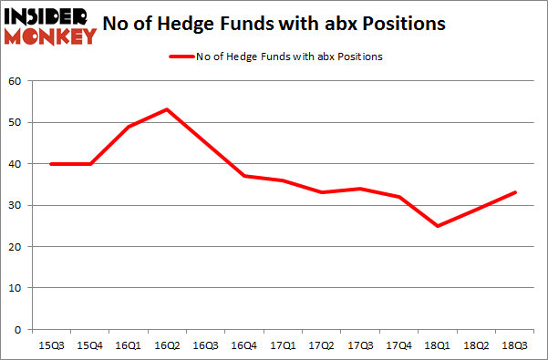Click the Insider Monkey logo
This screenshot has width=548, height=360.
(50, 26)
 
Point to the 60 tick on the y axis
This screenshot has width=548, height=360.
(16, 82)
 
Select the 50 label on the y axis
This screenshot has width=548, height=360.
(16, 123)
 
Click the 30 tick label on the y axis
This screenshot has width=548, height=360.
(16, 206)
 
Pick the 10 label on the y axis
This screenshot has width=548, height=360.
(16, 288)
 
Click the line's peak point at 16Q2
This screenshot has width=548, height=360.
(167, 109)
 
